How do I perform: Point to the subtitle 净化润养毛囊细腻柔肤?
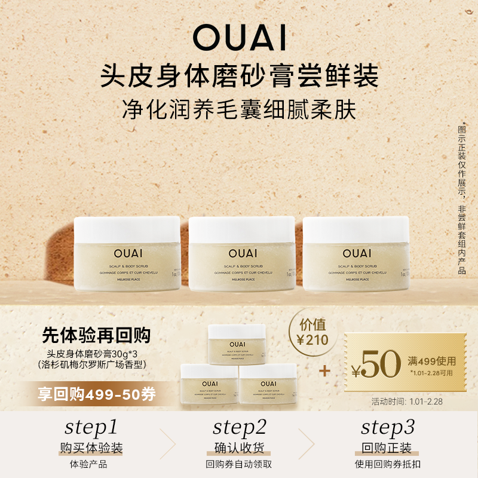[x=239, y=111]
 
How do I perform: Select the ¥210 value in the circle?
[x=313, y=341]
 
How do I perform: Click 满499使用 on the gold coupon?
[x=431, y=361]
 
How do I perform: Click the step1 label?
[x=91, y=427]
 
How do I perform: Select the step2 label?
[x=239, y=427]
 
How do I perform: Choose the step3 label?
[x=388, y=427]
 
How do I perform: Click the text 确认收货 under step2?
[x=239, y=448]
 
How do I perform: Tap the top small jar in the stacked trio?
[x=237, y=344]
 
